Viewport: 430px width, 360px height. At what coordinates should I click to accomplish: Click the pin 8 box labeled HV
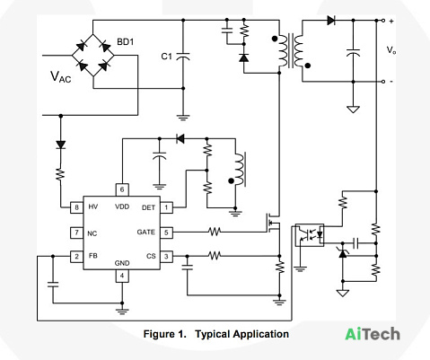(x=76, y=207)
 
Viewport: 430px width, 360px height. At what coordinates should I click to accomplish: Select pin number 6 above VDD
(x=122, y=189)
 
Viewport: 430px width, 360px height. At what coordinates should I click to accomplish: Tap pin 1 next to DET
(x=166, y=207)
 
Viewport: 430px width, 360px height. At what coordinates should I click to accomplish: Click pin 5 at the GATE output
(x=166, y=233)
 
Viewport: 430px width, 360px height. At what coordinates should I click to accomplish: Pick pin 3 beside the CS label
(x=166, y=257)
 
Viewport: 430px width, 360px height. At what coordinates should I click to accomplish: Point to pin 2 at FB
(x=76, y=257)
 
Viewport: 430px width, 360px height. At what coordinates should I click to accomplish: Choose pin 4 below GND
(x=122, y=276)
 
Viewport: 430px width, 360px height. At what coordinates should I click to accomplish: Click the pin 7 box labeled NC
(x=76, y=233)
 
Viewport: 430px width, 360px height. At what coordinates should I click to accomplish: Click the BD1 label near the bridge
(x=125, y=42)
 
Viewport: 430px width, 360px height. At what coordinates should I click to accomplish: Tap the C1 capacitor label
(x=167, y=57)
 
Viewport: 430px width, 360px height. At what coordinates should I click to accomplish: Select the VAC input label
(x=61, y=77)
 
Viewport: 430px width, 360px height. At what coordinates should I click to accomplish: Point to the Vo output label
(x=391, y=50)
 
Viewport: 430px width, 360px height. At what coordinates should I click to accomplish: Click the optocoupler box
(x=310, y=235)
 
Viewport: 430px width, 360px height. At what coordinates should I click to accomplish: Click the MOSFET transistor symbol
(x=274, y=223)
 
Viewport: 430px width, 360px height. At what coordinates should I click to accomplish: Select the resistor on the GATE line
(x=215, y=232)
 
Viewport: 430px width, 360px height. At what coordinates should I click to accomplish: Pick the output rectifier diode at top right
(x=331, y=21)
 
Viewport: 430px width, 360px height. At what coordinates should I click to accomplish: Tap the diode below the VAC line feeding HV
(x=61, y=145)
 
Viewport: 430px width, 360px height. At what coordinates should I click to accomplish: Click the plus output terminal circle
(x=383, y=21)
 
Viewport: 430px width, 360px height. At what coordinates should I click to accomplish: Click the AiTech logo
(x=373, y=334)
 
